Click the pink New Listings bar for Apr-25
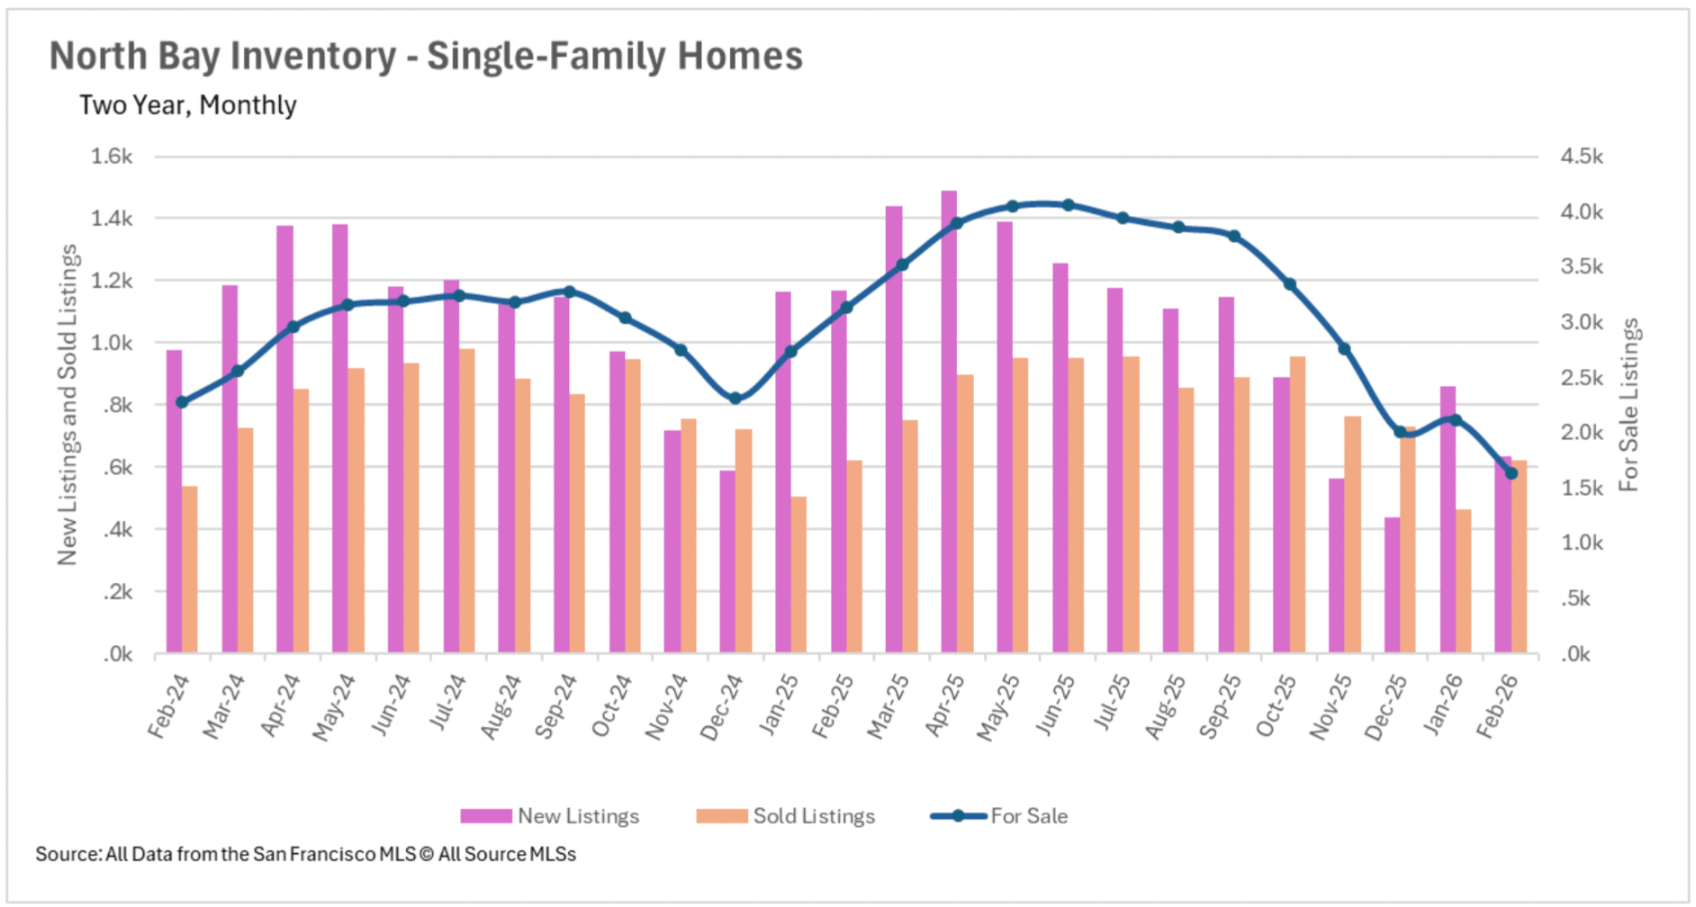[949, 423]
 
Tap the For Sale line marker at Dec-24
[735, 398]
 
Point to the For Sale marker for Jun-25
[1069, 205]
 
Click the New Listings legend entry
[550, 816]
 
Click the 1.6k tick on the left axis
[112, 157]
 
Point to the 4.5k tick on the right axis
[1582, 157]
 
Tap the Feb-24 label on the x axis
[169, 706]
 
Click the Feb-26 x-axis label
[1498, 706]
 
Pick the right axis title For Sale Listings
[1629, 405]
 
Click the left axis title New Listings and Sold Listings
[68, 405]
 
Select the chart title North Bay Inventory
[426, 56]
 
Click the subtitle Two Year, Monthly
[187, 105]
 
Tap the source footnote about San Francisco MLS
[305, 854]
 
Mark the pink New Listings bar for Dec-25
[1393, 585]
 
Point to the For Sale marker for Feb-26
[1511, 473]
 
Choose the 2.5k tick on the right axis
[1582, 378]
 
